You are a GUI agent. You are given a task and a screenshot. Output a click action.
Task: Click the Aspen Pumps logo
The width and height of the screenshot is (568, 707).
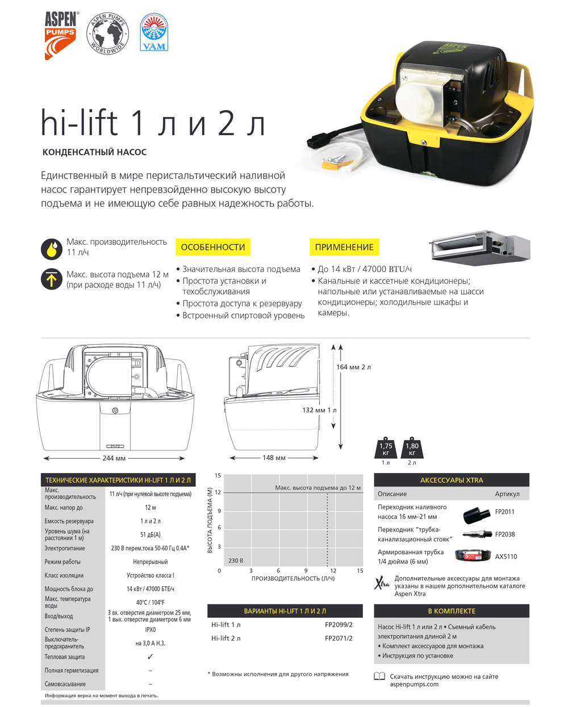tap(60, 35)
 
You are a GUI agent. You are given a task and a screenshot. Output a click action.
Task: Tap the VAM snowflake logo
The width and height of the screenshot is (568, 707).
tap(154, 33)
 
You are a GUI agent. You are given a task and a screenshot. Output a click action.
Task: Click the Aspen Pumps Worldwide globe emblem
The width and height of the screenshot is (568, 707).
tap(108, 34)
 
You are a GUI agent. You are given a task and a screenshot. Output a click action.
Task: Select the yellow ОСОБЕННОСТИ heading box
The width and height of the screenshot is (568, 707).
tap(213, 247)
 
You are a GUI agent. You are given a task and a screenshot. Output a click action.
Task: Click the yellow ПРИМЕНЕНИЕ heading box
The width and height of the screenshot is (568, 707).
tap(344, 247)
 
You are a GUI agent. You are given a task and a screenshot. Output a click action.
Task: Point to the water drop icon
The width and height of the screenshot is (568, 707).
tap(52, 249)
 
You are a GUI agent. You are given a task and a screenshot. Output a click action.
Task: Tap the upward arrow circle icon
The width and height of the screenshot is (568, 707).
tap(52, 279)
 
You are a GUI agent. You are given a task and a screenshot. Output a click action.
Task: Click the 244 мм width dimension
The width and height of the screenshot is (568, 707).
tap(114, 458)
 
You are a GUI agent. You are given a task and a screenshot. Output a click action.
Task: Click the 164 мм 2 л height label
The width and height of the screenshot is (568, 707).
tap(353, 367)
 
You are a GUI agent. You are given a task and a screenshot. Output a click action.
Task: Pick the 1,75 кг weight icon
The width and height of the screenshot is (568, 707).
tap(386, 449)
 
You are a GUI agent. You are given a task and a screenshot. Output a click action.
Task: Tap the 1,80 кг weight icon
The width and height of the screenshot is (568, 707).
tap(412, 449)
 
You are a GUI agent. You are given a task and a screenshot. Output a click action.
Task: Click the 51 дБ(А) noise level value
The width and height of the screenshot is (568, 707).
tap(150, 534)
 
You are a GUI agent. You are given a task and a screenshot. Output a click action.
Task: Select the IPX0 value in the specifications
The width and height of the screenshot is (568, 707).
tap(150, 629)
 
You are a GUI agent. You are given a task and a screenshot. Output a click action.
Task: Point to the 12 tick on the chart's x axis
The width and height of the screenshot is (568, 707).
tap(333, 571)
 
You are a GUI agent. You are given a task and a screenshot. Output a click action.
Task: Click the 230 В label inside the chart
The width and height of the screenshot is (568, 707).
tap(236, 560)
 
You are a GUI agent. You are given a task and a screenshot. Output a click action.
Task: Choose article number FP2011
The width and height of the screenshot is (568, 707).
tap(504, 512)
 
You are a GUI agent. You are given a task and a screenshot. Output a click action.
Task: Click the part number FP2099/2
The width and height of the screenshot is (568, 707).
tap(339, 625)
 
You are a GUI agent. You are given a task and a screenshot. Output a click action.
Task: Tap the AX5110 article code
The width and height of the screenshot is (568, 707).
tap(506, 557)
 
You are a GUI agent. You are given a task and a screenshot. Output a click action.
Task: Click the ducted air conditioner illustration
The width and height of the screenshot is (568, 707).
tap(481, 247)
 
